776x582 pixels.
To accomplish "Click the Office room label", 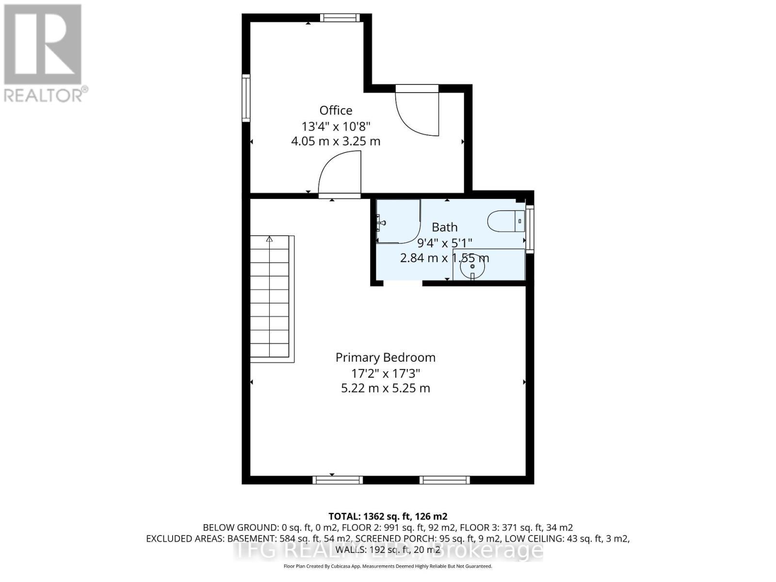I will (336, 111).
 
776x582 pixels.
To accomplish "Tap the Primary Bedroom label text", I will (385, 357).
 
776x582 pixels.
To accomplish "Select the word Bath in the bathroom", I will (444, 227).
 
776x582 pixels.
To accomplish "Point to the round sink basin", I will (472, 266).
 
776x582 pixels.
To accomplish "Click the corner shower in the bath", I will (398, 221).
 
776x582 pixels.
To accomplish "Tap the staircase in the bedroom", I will (270, 298).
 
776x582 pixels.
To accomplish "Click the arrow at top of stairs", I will (269, 239).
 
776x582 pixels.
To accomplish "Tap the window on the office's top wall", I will (340, 18).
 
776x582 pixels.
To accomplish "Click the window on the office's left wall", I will (246, 98).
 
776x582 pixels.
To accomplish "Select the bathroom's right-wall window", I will (530, 229).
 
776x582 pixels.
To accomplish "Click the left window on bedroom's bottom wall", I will (338, 480).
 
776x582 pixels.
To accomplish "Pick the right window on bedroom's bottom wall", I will (444, 480).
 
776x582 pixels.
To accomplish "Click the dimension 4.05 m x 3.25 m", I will (336, 142).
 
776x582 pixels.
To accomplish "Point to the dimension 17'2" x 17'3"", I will (385, 373).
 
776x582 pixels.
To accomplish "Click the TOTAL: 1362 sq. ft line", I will (388, 516).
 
